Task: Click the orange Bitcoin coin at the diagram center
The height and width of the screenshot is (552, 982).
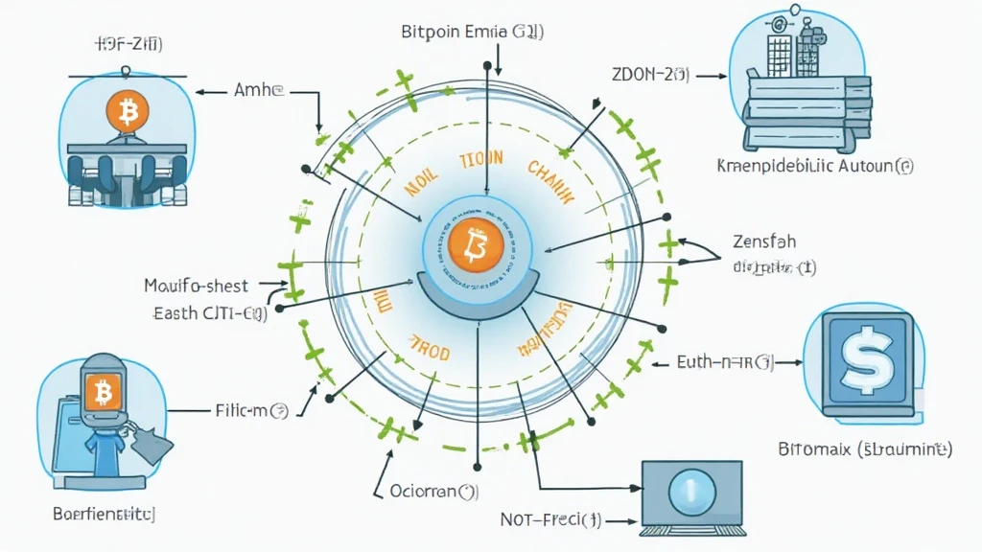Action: tap(475, 244)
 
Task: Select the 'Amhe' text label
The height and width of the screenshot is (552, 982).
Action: tap(259, 92)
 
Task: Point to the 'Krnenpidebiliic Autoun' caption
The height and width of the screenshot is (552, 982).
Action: tap(815, 166)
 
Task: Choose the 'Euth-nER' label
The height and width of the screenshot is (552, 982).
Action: tap(724, 363)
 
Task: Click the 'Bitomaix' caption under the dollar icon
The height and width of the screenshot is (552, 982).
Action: tap(862, 448)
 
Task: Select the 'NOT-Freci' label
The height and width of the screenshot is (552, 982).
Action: tap(550, 521)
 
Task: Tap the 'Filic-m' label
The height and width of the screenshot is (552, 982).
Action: tap(248, 411)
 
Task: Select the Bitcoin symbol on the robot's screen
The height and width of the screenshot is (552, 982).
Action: tap(103, 391)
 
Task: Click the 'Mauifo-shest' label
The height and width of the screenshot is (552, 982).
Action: tap(196, 286)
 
